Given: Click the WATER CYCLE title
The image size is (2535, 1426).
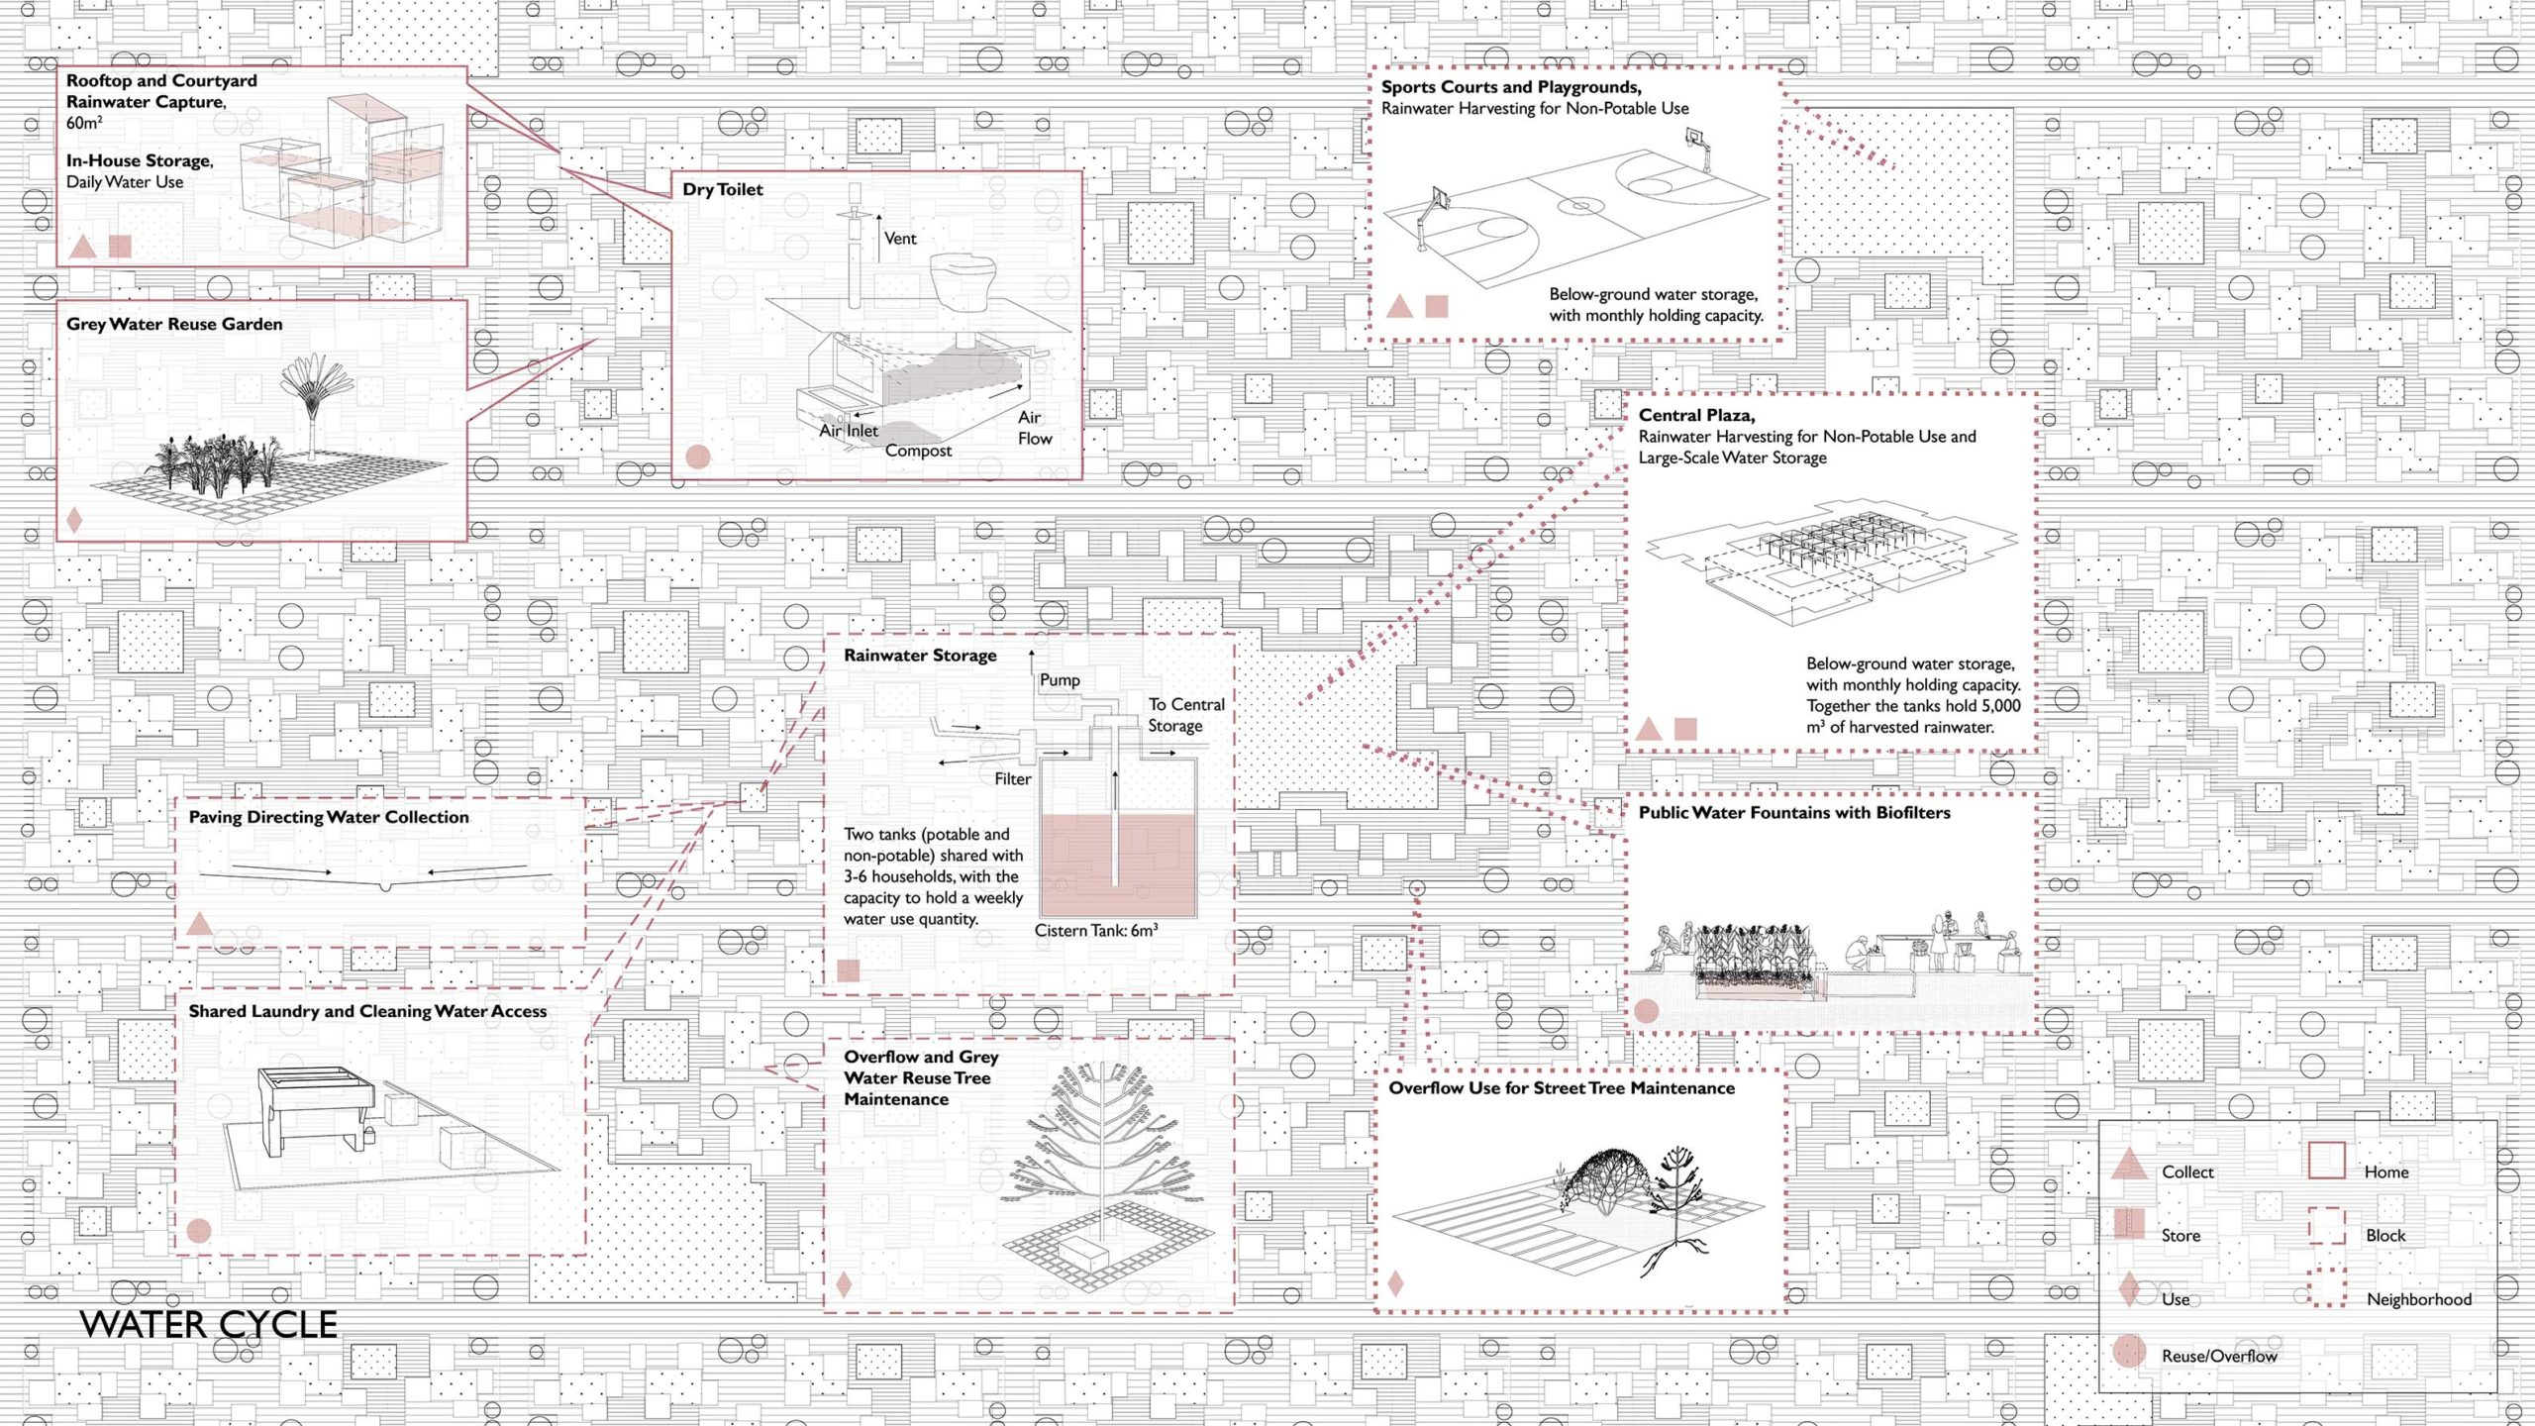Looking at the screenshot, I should pos(208,1324).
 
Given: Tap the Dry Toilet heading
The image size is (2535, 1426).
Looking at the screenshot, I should pos(722,189).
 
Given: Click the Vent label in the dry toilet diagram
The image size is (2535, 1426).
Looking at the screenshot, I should pos(900,239).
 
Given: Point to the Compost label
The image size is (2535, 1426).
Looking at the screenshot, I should pos(918,451).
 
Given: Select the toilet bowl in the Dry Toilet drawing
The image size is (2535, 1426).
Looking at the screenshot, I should pos(963,279).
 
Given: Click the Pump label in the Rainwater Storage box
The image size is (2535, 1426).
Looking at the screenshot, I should pos(1060,680).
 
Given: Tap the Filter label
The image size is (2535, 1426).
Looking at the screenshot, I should pos(1012,779).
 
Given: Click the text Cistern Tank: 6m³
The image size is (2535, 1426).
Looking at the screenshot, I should pos(1095,931).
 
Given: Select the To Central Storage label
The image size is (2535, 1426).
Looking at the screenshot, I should pos(1185,715).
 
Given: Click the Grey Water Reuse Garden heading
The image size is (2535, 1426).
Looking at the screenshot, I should pos(174,324).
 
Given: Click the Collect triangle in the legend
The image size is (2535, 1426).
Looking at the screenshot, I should pos(2129,1165).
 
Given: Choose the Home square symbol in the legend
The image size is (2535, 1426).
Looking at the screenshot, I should pos(2326,1161).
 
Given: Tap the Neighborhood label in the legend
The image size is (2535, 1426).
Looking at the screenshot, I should pos(2418,1299).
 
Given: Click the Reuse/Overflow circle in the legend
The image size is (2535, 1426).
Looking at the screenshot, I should pos(2129,1352).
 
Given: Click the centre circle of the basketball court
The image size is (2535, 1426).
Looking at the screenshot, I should pos(1581,207).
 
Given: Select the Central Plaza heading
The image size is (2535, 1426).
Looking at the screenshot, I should pos(1696,415).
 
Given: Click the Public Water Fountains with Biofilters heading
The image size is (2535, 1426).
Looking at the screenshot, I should pos(1793,813).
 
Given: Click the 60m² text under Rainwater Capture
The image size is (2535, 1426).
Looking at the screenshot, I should pos(84,123).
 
